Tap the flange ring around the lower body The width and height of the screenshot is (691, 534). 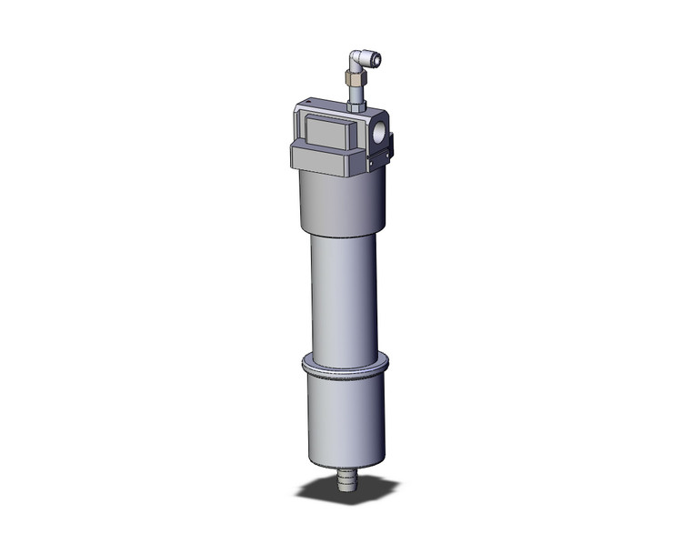click(345, 366)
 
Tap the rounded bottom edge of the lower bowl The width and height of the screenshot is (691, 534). click(345, 461)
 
